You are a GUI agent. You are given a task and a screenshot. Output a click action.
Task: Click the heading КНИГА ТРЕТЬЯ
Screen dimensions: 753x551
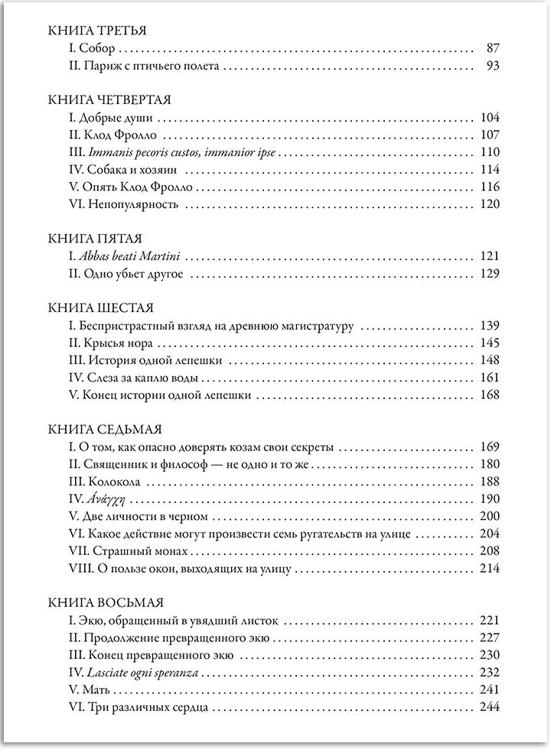pyautogui.click(x=96, y=31)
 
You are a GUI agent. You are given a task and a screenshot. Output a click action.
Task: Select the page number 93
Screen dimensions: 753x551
pyautogui.click(x=492, y=66)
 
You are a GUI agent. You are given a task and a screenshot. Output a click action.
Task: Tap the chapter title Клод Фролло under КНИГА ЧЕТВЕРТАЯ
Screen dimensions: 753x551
pyautogui.click(x=115, y=135)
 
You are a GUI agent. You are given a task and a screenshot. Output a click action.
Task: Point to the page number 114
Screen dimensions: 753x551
pyautogui.click(x=489, y=169)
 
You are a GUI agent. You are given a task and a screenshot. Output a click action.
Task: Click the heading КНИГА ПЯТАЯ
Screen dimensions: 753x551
pyautogui.click(x=94, y=239)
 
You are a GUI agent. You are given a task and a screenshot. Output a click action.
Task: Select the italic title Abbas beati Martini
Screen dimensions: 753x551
pyautogui.click(x=140, y=256)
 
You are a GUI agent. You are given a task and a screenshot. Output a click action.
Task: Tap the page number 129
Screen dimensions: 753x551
pyautogui.click(x=489, y=274)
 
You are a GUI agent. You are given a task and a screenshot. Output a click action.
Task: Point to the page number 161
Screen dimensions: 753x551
pyautogui.click(x=489, y=378)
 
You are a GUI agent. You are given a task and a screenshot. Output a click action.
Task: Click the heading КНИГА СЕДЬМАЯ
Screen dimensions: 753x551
pyautogui.click(x=103, y=430)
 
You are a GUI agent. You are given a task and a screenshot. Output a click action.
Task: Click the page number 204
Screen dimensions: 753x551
pyautogui.click(x=489, y=534)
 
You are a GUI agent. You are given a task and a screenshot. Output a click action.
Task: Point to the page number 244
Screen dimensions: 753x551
pyautogui.click(x=489, y=707)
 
